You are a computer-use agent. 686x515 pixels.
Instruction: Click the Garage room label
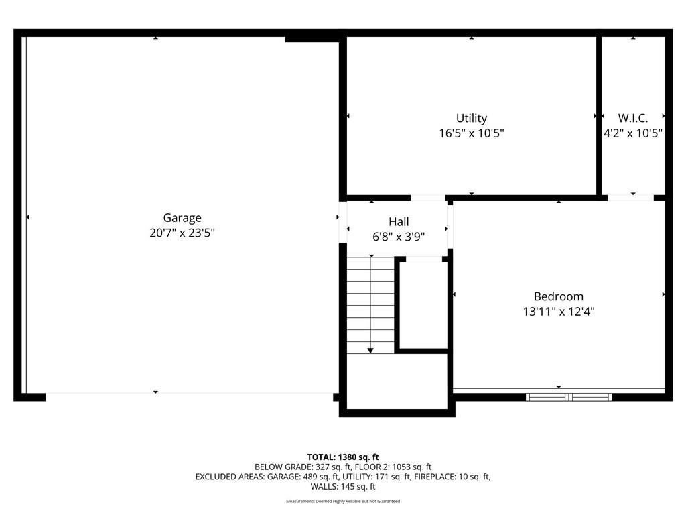point(182,218)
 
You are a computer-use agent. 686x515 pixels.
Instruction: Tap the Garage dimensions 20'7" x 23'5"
point(182,233)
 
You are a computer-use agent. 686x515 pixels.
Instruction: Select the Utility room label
point(471,118)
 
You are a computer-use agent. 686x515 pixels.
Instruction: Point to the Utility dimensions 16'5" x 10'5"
point(471,133)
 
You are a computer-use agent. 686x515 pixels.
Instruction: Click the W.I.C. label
point(632,118)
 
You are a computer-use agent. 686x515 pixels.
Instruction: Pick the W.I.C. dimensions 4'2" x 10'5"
point(632,133)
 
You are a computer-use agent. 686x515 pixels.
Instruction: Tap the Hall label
point(399,221)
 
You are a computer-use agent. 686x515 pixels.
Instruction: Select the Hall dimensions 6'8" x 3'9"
point(399,237)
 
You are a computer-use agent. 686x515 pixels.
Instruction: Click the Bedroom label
point(558,296)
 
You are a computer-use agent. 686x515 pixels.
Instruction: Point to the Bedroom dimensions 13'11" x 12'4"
point(558,312)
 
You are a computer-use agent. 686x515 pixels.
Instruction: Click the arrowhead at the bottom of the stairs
point(370,350)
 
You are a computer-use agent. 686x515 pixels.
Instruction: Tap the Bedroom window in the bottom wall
point(568,397)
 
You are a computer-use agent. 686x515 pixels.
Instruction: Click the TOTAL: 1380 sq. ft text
point(342,457)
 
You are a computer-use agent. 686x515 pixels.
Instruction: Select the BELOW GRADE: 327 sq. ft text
point(303,467)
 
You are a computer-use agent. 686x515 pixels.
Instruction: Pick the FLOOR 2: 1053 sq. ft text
point(393,467)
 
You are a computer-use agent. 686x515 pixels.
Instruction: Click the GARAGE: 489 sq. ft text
point(303,477)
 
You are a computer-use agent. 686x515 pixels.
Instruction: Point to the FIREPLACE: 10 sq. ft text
point(452,477)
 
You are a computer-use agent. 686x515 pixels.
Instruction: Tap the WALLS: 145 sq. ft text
point(343,487)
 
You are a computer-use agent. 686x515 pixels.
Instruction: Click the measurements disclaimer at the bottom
point(343,501)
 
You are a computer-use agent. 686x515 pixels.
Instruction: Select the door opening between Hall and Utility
point(428,198)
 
